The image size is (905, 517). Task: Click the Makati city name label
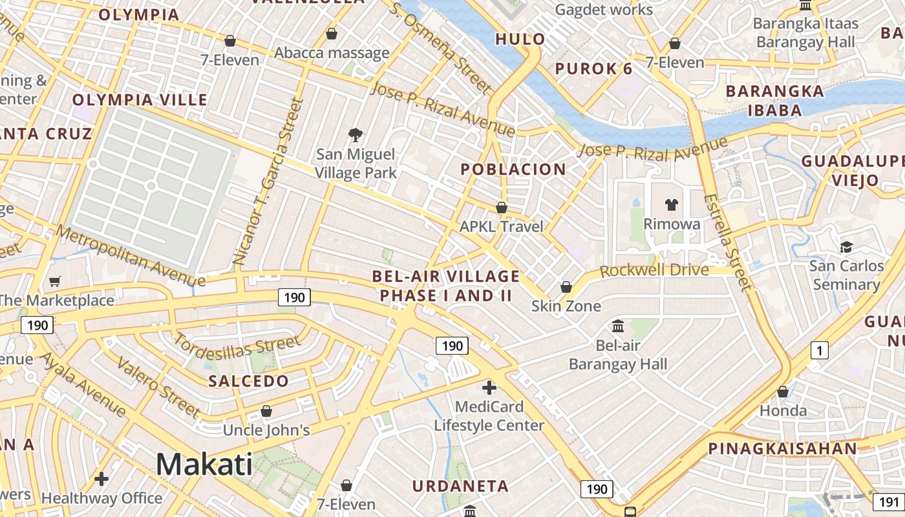pyautogui.click(x=204, y=464)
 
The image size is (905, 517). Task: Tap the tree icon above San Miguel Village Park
pyautogui.click(x=355, y=134)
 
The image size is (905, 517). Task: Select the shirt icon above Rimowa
pyautogui.click(x=672, y=205)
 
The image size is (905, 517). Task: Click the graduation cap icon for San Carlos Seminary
pyautogui.click(x=846, y=247)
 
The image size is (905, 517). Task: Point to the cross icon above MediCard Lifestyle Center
pyautogui.click(x=489, y=388)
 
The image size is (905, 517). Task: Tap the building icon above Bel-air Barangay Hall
pyautogui.click(x=618, y=326)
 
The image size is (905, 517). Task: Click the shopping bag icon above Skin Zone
pyautogui.click(x=566, y=286)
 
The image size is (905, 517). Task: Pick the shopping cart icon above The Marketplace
pyautogui.click(x=55, y=281)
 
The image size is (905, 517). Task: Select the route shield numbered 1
pyautogui.click(x=819, y=351)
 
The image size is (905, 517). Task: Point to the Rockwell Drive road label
pyautogui.click(x=654, y=269)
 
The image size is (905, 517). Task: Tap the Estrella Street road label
pyautogui.click(x=728, y=242)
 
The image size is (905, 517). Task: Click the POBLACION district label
pyautogui.click(x=513, y=170)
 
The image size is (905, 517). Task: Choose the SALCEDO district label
pyautogui.click(x=248, y=381)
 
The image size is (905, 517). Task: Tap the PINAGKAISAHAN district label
pyautogui.click(x=782, y=448)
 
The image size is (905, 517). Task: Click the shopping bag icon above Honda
pyautogui.click(x=782, y=392)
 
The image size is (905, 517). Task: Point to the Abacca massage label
pyautogui.click(x=332, y=53)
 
